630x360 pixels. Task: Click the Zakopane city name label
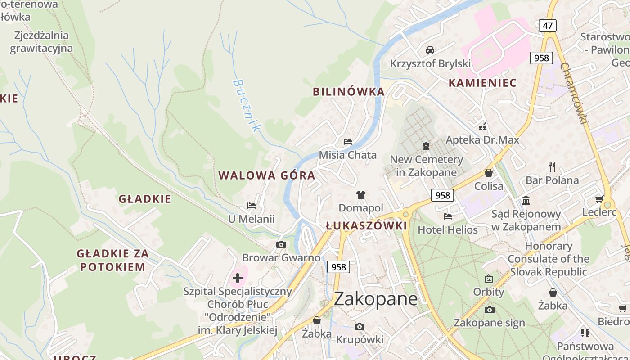tap(376, 298)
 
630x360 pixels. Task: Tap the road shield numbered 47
tap(547, 26)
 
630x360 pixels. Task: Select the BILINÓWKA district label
tap(349, 92)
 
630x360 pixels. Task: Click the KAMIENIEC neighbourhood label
tap(482, 83)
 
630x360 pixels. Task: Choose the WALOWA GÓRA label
tap(267, 175)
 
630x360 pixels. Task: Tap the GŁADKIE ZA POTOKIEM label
tap(112, 260)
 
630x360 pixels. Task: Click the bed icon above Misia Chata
tap(348, 141)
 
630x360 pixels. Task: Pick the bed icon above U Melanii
tap(252, 206)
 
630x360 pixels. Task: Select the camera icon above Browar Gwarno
tap(281, 244)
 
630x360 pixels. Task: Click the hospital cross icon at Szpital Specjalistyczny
tap(238, 278)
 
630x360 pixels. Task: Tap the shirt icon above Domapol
tap(361, 194)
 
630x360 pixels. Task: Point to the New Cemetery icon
tap(426, 146)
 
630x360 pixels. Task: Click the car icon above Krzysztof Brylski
tap(430, 50)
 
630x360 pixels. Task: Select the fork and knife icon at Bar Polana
tap(553, 167)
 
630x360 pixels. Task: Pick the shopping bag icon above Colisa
tap(489, 173)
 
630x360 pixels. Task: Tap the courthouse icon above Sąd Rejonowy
tap(526, 200)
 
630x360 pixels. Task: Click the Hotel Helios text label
tap(448, 230)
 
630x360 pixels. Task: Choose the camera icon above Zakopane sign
tap(489, 310)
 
